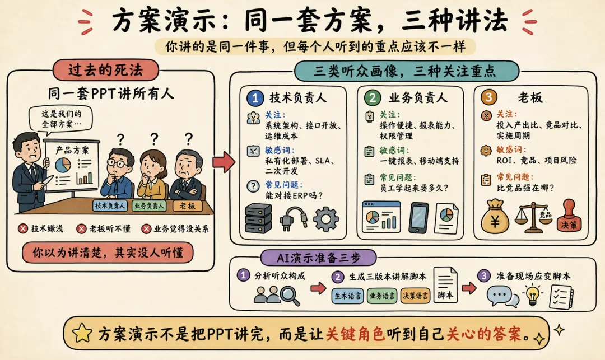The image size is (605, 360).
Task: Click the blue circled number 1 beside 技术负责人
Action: point(255,98)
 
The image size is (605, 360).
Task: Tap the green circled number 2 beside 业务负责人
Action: point(373,97)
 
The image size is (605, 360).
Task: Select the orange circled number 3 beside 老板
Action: point(489,97)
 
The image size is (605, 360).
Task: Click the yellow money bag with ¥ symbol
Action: point(495,217)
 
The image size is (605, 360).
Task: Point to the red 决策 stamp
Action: point(569,216)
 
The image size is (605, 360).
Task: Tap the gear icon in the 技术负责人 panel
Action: point(325,218)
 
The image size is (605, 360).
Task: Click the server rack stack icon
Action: point(258,218)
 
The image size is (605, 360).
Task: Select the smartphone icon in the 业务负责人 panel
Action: point(418,218)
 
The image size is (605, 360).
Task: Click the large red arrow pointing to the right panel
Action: point(224,161)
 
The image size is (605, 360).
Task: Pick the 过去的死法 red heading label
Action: point(105,70)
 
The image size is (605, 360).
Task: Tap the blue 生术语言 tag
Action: point(347,296)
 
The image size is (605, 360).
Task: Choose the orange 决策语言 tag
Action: point(415,296)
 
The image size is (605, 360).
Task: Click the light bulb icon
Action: point(533,295)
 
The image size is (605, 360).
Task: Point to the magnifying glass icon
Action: point(290,295)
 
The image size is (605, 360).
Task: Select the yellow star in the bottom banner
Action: point(82,333)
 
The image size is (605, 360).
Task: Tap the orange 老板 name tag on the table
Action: point(187,206)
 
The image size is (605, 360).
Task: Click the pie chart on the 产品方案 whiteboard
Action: point(63,165)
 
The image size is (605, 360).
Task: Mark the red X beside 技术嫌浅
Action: point(23,228)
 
